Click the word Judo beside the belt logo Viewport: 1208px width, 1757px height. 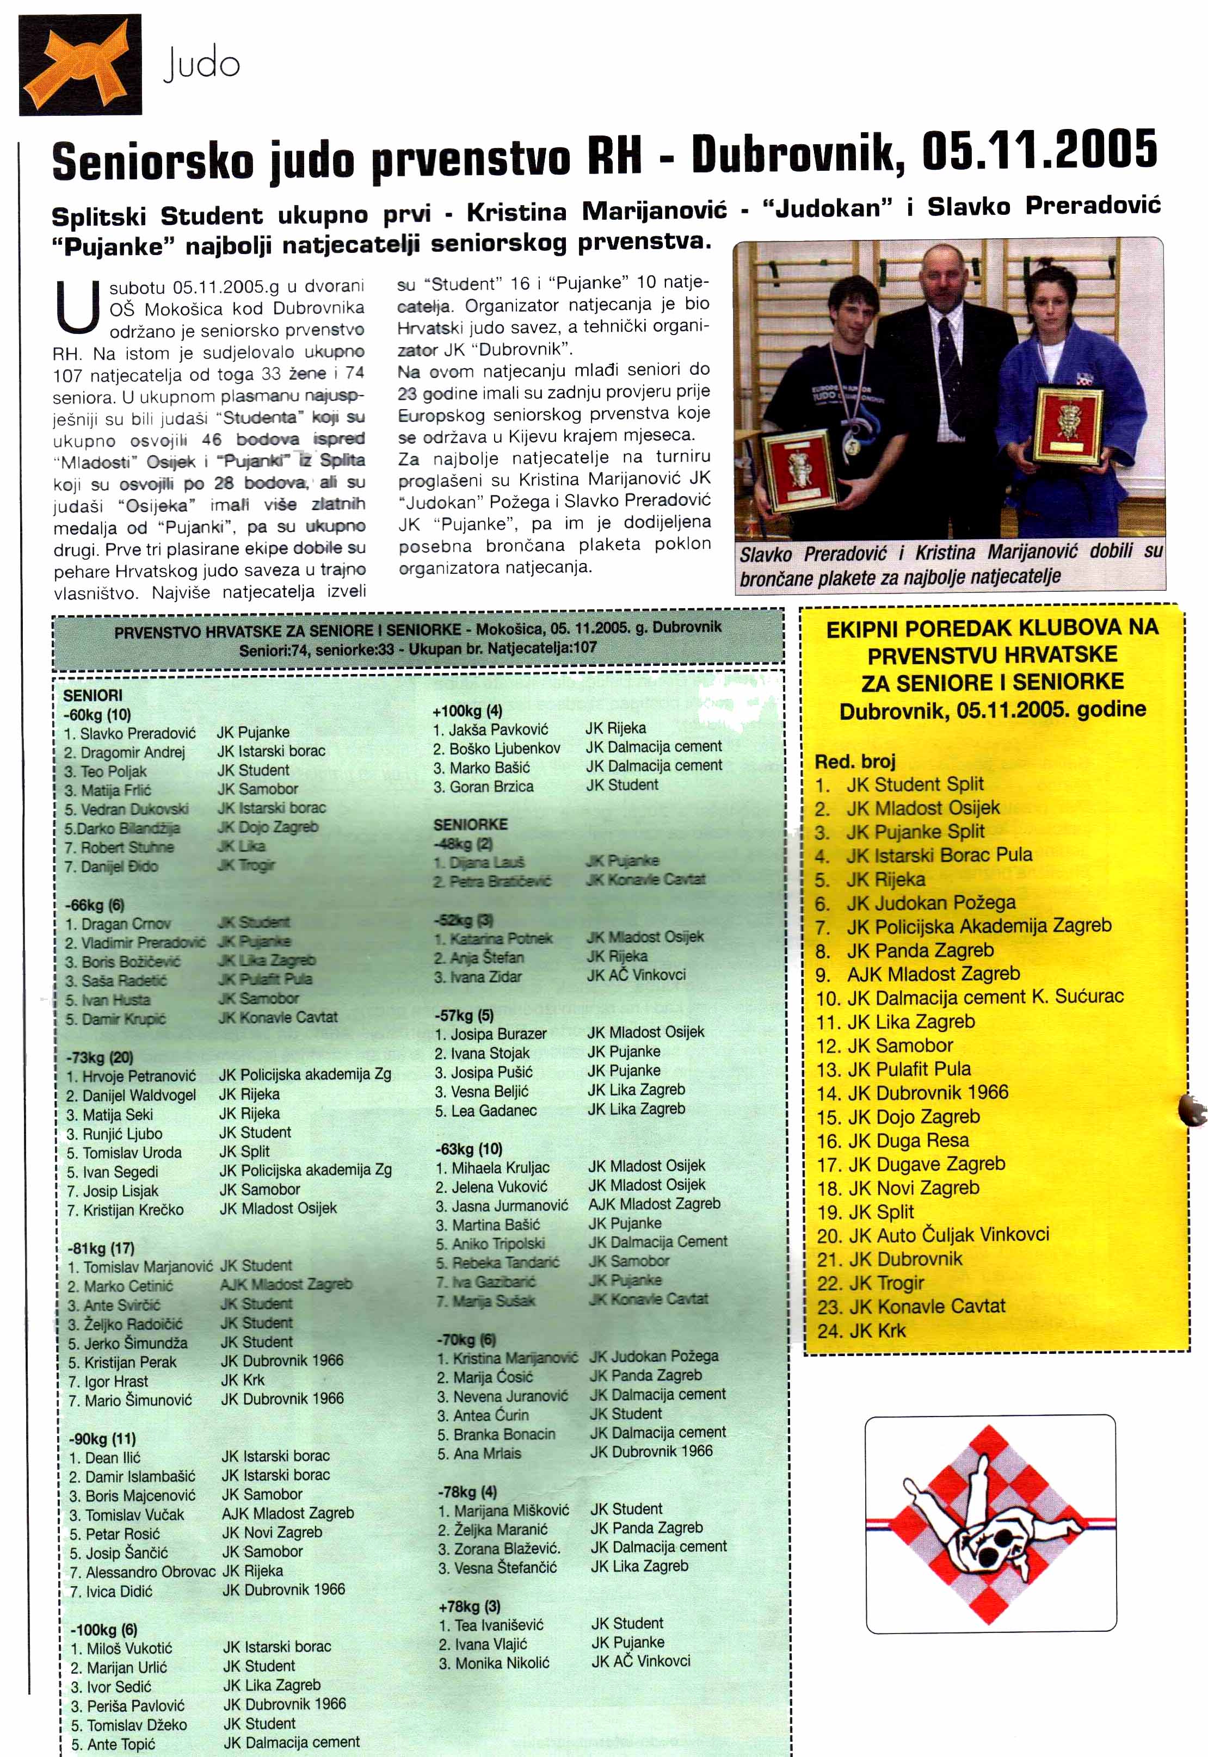201,64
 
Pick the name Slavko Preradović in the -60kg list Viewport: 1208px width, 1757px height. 138,733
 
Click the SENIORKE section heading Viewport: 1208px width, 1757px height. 470,824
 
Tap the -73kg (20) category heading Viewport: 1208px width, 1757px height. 100,1056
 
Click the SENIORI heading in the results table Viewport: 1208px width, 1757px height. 93,695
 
